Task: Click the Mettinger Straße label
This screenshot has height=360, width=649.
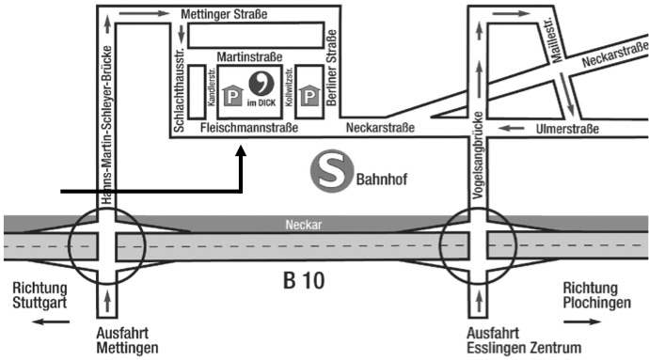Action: point(222,14)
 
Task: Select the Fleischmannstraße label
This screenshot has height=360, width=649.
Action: point(249,128)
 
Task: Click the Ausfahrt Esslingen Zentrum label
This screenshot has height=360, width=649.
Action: point(523,339)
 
